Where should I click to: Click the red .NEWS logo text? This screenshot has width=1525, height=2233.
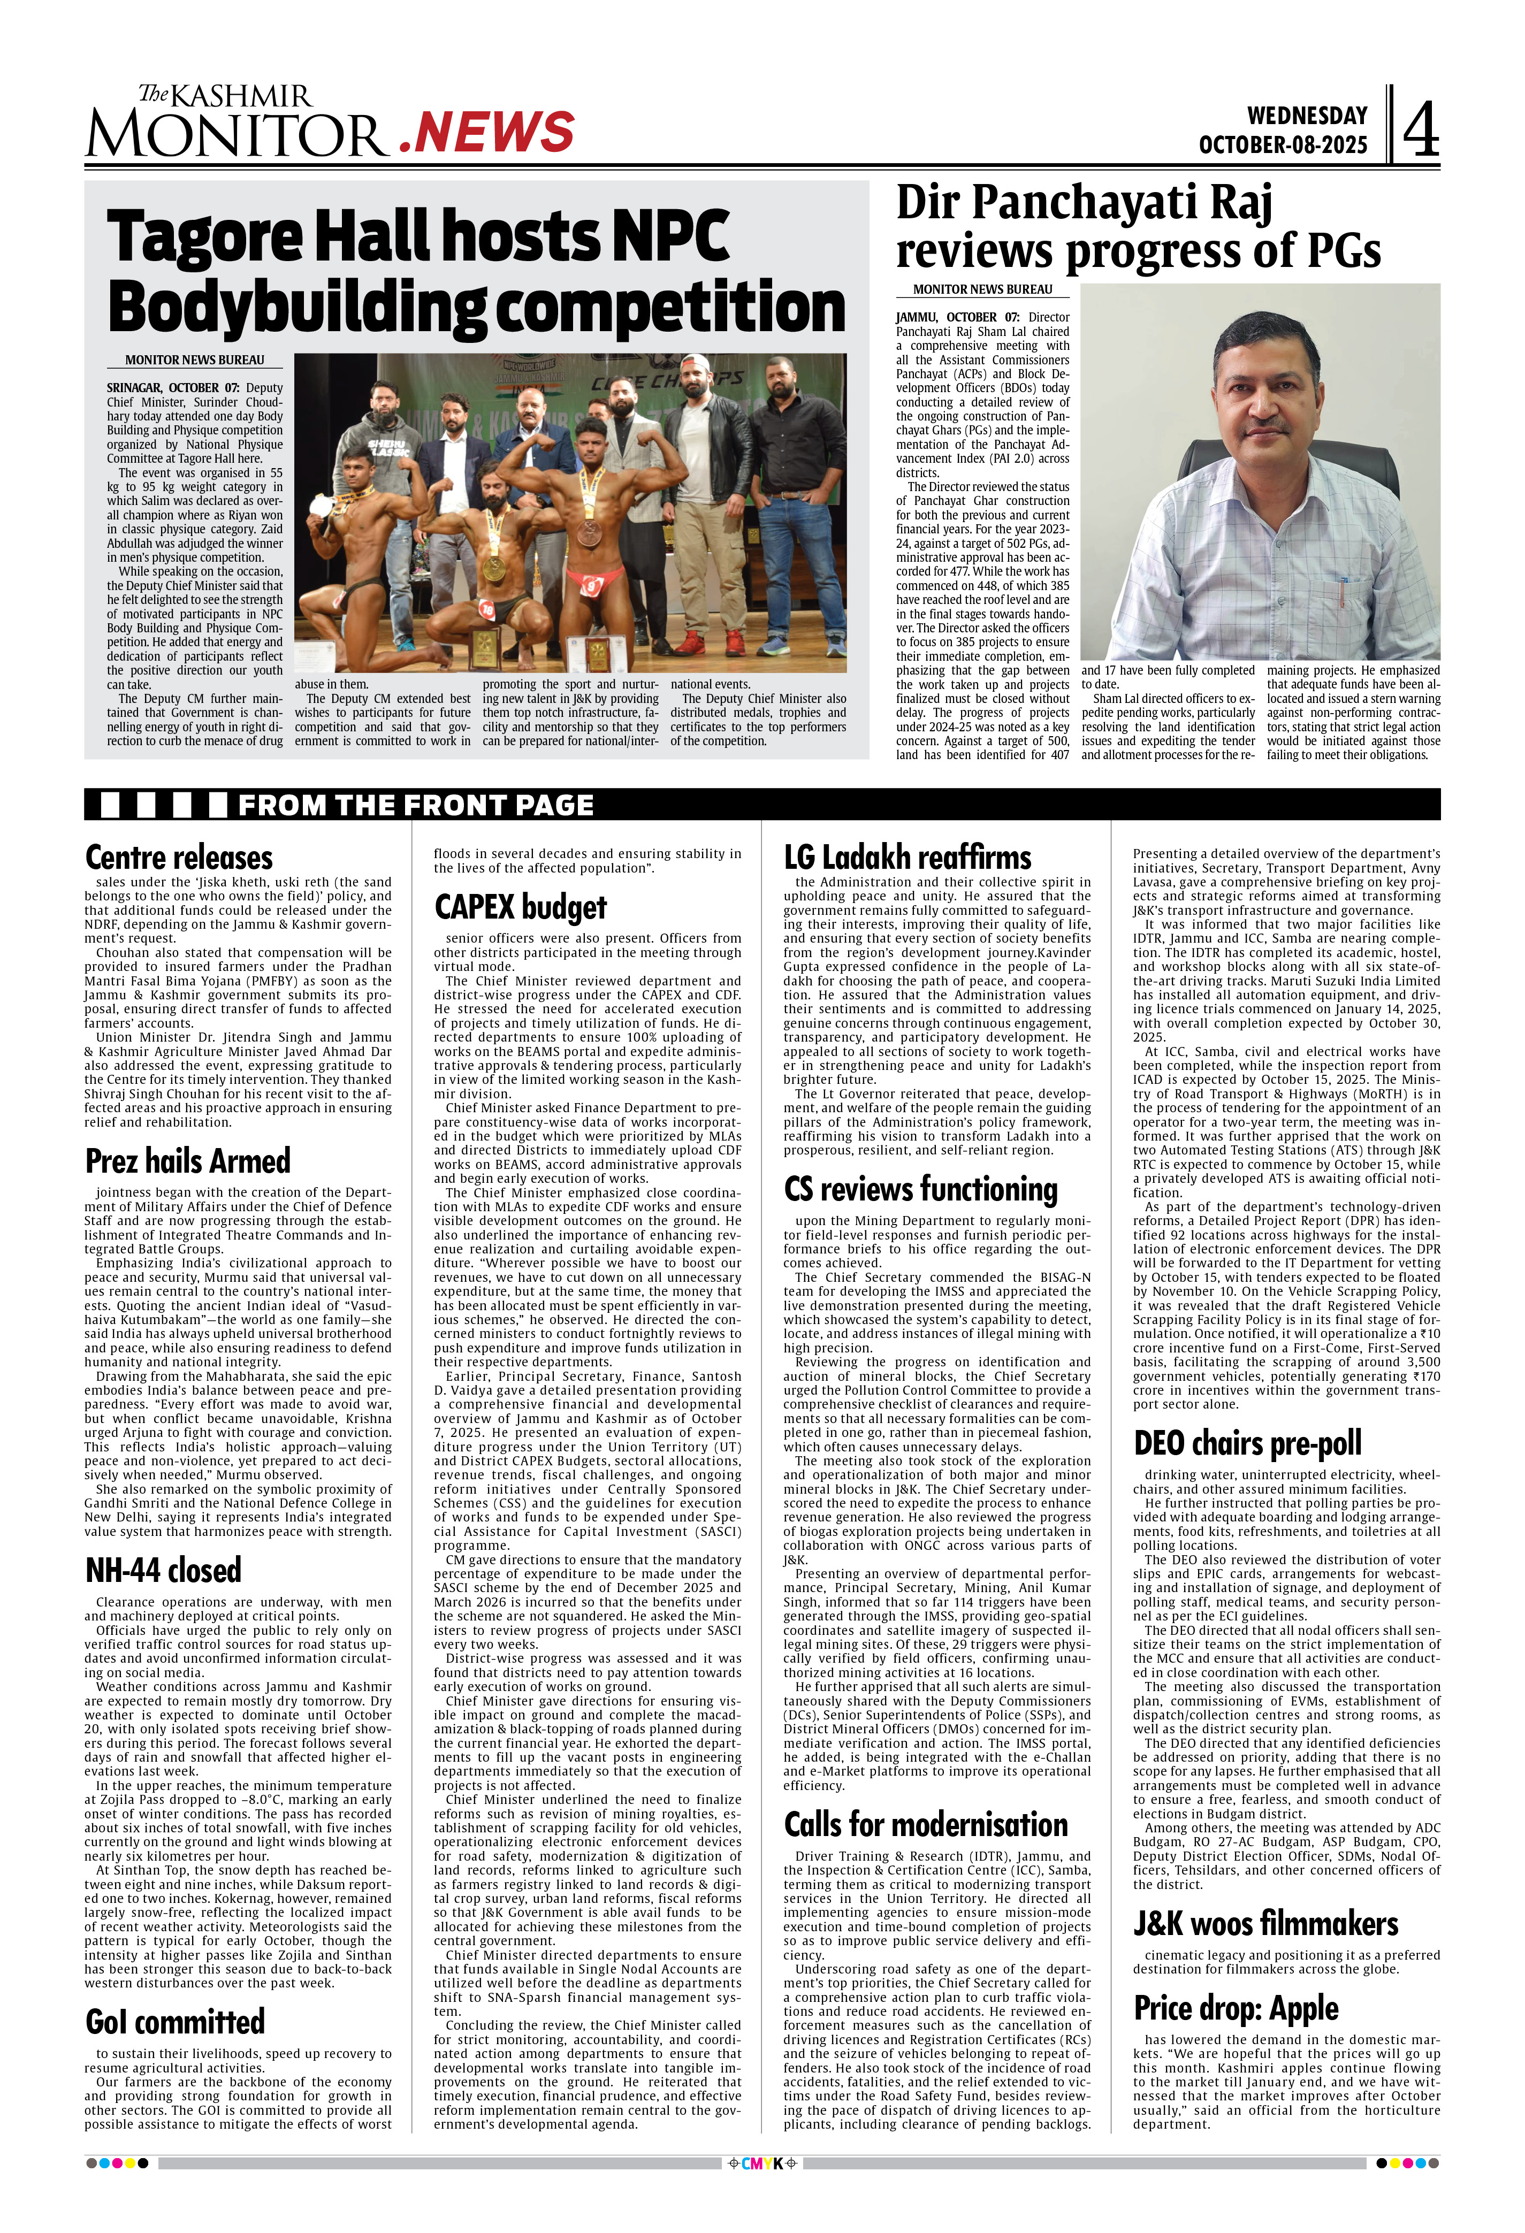point(486,133)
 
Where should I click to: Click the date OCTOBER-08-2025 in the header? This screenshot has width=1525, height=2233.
point(1282,145)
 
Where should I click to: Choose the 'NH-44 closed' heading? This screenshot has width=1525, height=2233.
point(163,1570)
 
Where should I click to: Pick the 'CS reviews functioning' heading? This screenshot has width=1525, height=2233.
point(920,1189)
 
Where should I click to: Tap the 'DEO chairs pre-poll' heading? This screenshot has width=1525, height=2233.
point(1247,1443)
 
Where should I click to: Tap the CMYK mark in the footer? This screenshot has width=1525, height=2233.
point(763,2164)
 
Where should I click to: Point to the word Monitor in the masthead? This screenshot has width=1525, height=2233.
point(235,134)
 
